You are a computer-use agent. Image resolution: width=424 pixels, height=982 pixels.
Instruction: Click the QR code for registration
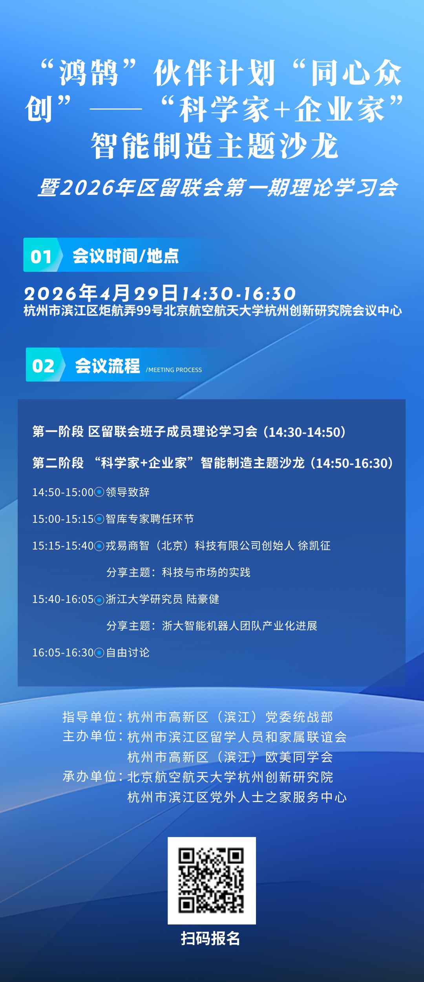pos(212,880)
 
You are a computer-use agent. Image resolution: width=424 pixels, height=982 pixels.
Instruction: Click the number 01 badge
pos(41,256)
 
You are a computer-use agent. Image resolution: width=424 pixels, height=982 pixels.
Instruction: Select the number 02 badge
pos(43,366)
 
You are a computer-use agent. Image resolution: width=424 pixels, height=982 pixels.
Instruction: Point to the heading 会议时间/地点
pos(126,256)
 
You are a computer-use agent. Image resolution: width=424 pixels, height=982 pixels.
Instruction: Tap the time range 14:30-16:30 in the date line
pos(239,293)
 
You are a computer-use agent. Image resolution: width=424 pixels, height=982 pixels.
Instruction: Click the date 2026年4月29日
pos(101,293)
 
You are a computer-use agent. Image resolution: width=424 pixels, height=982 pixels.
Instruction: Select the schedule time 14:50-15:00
pos(63,492)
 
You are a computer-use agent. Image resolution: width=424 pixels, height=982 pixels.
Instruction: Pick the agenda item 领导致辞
pos(128,492)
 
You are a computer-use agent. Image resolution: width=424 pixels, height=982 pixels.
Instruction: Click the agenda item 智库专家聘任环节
pos(150,519)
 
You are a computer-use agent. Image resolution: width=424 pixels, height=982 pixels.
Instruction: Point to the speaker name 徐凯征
pos(314,546)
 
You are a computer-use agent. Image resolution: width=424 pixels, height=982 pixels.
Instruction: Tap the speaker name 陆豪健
pos(203,599)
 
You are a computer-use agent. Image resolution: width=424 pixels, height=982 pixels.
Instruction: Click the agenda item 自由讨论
pos(128,652)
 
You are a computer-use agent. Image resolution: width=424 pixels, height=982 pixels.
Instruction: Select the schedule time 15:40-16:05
pos(63,599)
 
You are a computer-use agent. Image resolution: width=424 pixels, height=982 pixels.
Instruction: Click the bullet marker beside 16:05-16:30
pos(100,653)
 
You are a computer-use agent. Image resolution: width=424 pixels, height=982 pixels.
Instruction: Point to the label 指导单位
pos(90,717)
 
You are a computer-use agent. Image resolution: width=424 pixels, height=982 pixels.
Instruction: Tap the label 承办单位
pos(90,777)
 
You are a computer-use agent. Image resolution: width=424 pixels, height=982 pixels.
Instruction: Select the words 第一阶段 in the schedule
pos(58,432)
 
